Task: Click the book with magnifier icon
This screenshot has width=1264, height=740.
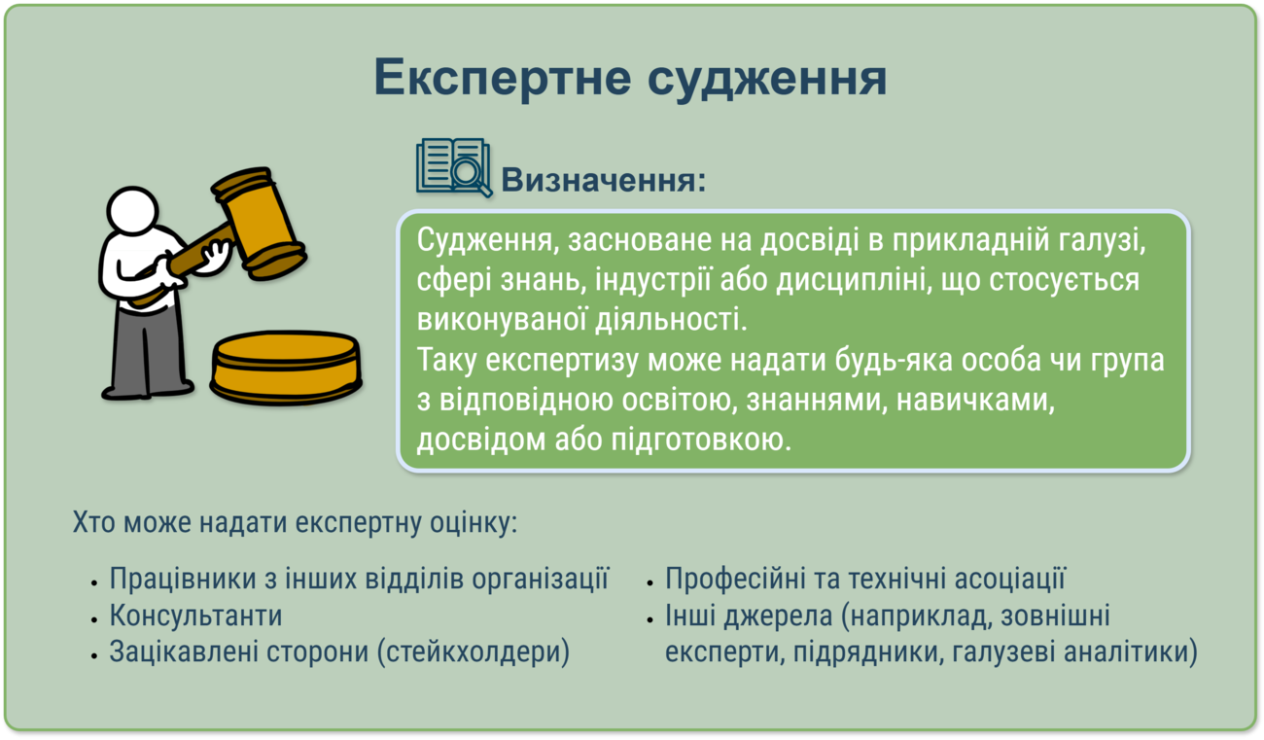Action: [x=454, y=167]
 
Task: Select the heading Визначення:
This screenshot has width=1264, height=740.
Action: [x=604, y=180]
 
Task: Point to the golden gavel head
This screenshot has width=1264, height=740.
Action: [x=259, y=224]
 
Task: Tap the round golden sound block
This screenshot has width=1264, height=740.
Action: [x=286, y=368]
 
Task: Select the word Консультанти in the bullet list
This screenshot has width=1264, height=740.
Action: [x=195, y=615]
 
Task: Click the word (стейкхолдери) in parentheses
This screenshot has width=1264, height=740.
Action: [x=473, y=652]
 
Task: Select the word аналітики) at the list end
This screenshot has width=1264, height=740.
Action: [x=1131, y=652]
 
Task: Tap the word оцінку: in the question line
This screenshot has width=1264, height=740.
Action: [x=474, y=523]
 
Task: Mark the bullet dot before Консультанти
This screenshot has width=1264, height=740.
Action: [x=95, y=619]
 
